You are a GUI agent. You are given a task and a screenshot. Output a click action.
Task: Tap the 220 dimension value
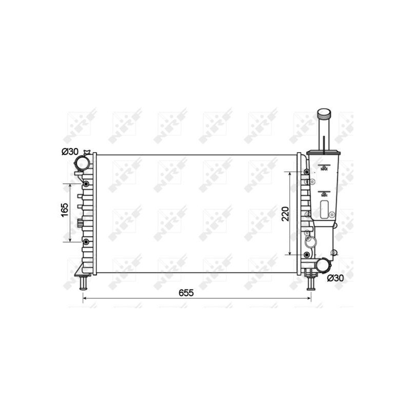(x=286, y=213)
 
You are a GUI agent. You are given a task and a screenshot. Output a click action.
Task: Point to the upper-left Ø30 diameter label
(x=69, y=152)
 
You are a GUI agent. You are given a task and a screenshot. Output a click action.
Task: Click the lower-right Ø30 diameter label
(x=335, y=278)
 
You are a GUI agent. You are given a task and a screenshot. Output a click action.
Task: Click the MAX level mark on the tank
(x=324, y=168)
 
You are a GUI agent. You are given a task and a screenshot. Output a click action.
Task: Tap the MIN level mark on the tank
(x=324, y=195)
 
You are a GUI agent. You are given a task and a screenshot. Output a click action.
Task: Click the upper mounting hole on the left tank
(x=86, y=184)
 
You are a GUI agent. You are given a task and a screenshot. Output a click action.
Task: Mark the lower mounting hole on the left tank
(x=86, y=241)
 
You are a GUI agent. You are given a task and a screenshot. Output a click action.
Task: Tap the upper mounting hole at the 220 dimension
(x=307, y=172)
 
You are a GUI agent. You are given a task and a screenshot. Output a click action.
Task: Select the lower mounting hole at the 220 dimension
(x=307, y=255)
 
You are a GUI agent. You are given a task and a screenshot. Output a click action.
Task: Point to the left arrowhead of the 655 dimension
(x=85, y=298)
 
